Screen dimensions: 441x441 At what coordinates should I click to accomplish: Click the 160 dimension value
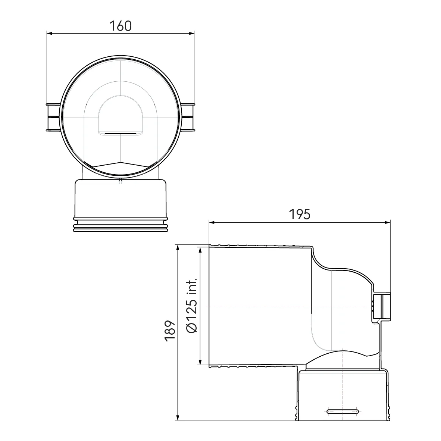pos(121,26)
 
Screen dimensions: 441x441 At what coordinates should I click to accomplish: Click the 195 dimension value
pos(300,214)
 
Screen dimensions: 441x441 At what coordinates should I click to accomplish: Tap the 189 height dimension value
pos(170,331)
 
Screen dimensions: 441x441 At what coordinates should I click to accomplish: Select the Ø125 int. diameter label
pos(192,306)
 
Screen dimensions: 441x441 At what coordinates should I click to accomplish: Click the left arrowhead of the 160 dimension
pos(49,34)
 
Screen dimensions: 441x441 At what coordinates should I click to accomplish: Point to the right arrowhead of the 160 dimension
pos(192,34)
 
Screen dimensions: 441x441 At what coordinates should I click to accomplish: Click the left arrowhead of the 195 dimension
pos(212,222)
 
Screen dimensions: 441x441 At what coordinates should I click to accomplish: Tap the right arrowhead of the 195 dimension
pos(387,222)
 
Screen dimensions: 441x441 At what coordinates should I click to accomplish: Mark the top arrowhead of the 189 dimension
pos(178,248)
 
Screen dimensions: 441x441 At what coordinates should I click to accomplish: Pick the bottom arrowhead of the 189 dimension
pos(178,418)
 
